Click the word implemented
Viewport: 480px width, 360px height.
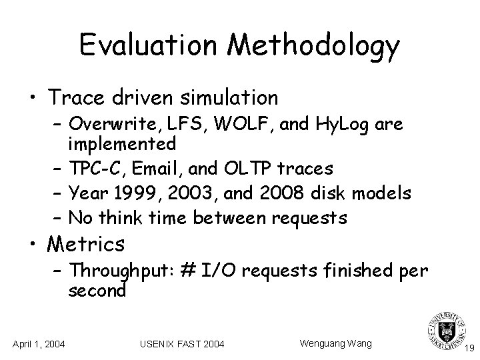tap(122, 143)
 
